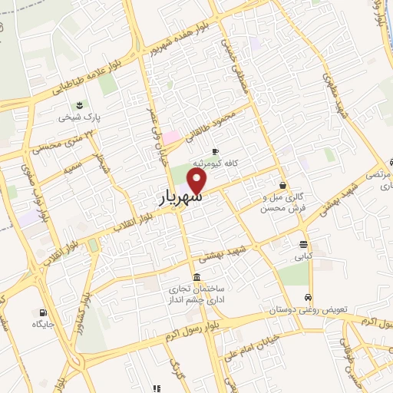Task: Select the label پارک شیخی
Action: (x=77, y=118)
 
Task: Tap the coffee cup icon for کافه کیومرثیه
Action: (x=215, y=151)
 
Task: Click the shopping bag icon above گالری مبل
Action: (x=283, y=185)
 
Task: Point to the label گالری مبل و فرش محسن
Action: (x=283, y=203)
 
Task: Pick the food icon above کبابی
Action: (x=305, y=245)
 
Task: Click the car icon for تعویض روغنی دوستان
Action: (x=308, y=297)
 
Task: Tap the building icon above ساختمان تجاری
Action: (x=197, y=277)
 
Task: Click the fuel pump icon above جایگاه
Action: (x=42, y=312)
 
